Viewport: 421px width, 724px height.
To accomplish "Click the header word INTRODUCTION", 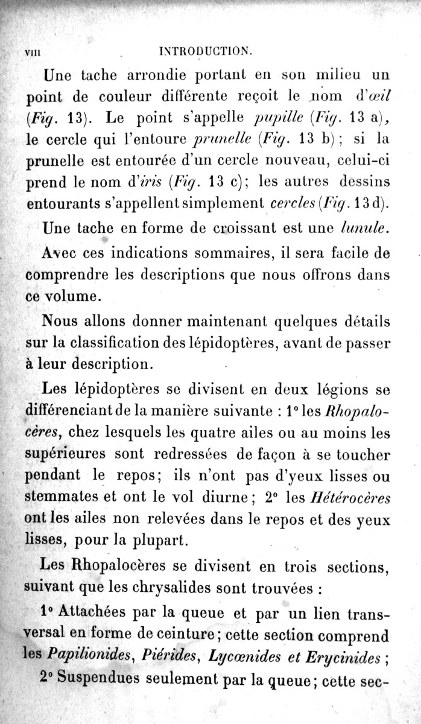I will tap(205, 51).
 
